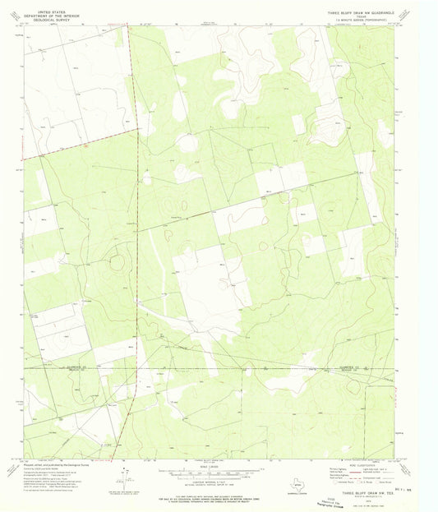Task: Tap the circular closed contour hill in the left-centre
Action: [118, 262]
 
